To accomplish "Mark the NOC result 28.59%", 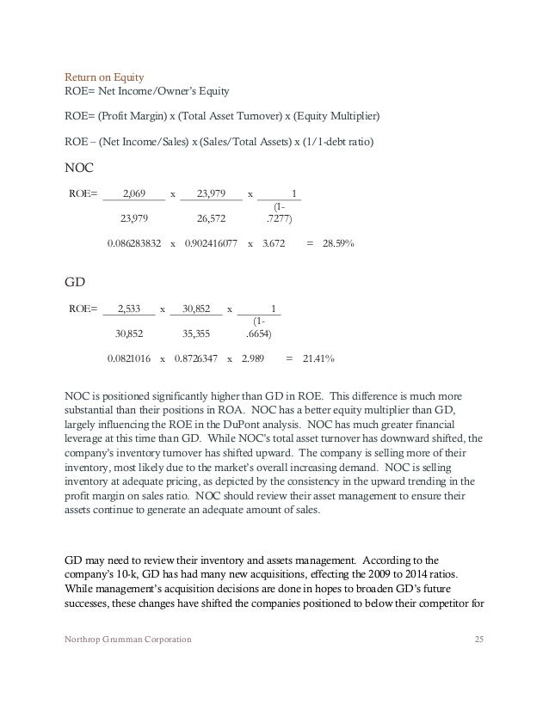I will pyautogui.click(x=339, y=243).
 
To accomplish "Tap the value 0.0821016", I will pyautogui.click(x=128, y=358).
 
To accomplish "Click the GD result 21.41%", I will pyautogui.click(x=317, y=358).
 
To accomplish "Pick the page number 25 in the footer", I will pyautogui.click(x=479, y=640).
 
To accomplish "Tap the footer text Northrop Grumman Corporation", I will pyautogui.click(x=129, y=640).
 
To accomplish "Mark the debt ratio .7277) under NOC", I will pyautogui.click(x=279, y=217).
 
